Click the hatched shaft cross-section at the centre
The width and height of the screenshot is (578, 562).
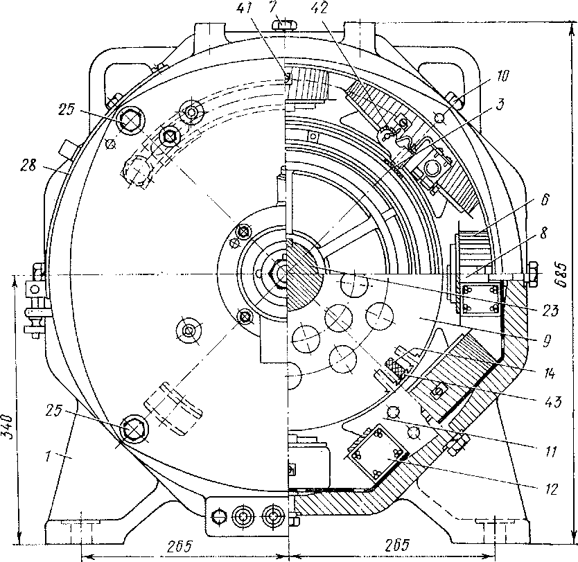coord(303,284)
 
